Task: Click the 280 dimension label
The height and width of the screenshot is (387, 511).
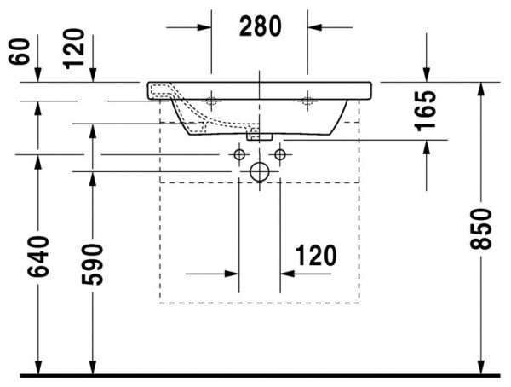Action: click(260, 27)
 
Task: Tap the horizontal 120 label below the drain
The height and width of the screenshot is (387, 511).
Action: click(317, 256)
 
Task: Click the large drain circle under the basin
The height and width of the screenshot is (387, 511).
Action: click(259, 171)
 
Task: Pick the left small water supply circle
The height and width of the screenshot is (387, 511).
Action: click(238, 154)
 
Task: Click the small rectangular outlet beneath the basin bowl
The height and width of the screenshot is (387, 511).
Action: click(259, 135)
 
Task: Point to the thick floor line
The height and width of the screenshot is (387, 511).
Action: click(255, 375)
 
